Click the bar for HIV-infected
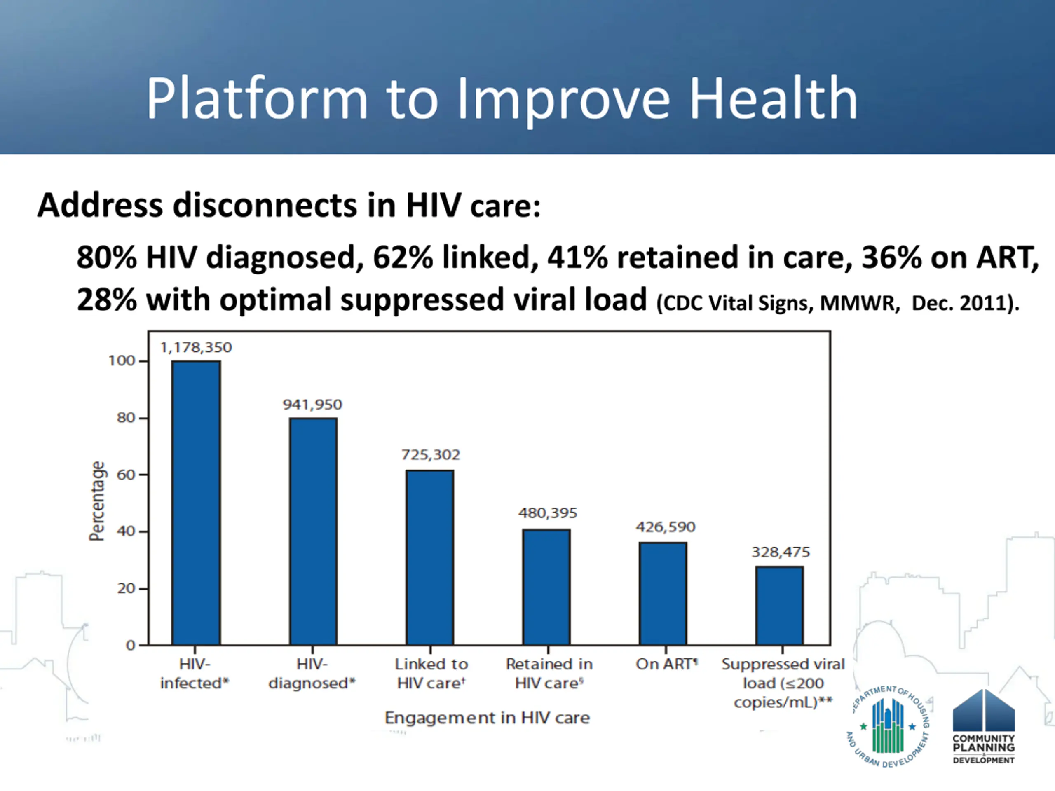click(196, 503)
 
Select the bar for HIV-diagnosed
click(313, 531)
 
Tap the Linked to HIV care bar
click(430, 557)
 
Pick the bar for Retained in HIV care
click(546, 587)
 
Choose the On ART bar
click(663, 593)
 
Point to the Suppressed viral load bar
click(779, 606)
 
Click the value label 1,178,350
click(196, 348)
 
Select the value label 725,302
click(431, 455)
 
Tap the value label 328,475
click(781, 552)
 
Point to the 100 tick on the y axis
click(122, 361)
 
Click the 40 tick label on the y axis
click(126, 531)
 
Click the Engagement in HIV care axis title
click(487, 718)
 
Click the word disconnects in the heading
click(264, 206)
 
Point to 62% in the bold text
click(403, 257)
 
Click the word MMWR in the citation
click(859, 303)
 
